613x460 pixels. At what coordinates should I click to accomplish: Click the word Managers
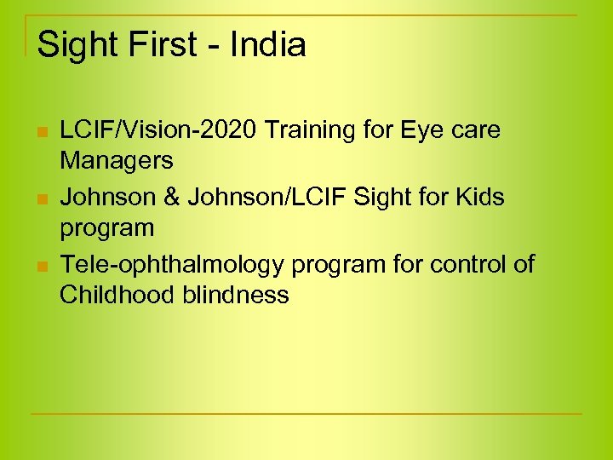click(x=116, y=159)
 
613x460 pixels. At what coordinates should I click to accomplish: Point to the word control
click(x=466, y=265)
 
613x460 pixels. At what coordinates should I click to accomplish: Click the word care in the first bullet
click(x=478, y=130)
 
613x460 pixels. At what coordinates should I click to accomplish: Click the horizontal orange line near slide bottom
click(x=306, y=414)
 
